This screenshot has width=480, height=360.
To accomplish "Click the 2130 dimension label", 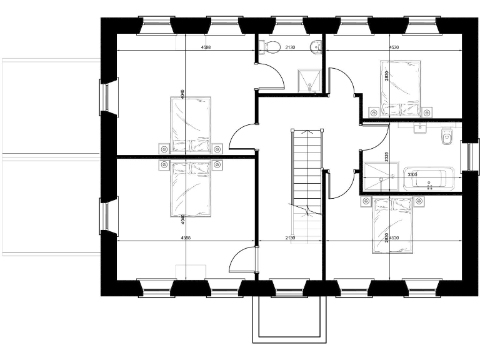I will coord(290,47).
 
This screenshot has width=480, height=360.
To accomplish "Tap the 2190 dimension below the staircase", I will coord(290,238).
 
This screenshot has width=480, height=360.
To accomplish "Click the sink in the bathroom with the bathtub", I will coord(419,127).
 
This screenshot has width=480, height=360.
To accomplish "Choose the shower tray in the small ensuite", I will coord(307,80).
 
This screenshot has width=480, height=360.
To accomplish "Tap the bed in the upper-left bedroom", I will coord(191,124).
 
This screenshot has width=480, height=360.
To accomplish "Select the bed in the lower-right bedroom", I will coord(392,224).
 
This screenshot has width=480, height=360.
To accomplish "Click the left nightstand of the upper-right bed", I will coord(373,112).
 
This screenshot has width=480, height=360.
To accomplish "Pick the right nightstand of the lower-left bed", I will coord(217,164).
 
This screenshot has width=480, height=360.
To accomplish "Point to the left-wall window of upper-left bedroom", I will coord(108,97).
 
